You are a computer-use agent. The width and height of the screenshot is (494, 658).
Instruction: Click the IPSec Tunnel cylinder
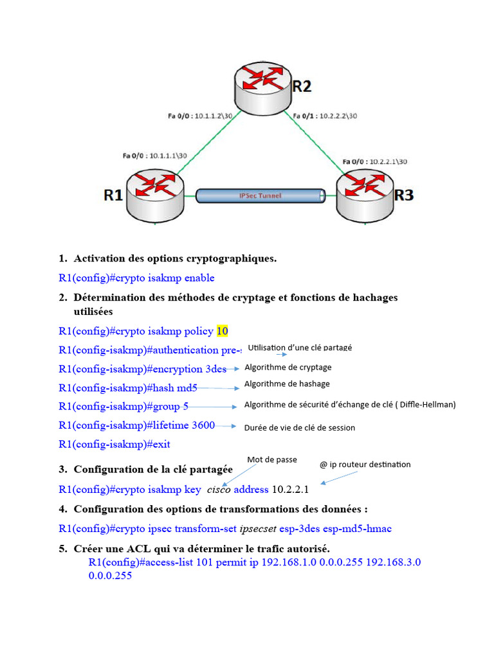tap(260, 196)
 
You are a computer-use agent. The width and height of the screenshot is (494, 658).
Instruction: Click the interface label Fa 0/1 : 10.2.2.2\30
tap(325, 116)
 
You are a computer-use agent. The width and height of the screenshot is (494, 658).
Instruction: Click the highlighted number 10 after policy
tap(222, 332)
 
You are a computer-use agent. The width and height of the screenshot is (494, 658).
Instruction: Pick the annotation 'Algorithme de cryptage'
tap(288, 368)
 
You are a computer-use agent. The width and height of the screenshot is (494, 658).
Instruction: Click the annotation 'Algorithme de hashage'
tap(287, 384)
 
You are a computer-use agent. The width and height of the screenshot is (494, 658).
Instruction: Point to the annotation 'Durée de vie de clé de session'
tap(300, 428)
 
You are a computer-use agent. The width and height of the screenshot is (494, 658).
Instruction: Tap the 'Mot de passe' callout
tap(271, 459)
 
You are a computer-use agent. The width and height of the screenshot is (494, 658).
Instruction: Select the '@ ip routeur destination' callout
tap(365, 465)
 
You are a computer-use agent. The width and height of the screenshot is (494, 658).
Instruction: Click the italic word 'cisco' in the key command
tap(219, 490)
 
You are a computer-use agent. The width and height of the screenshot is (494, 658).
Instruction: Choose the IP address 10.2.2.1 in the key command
tap(290, 490)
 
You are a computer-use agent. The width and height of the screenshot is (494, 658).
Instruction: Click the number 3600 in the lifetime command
tap(203, 425)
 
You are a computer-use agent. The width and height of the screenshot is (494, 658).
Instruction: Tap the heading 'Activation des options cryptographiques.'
tap(175, 259)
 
